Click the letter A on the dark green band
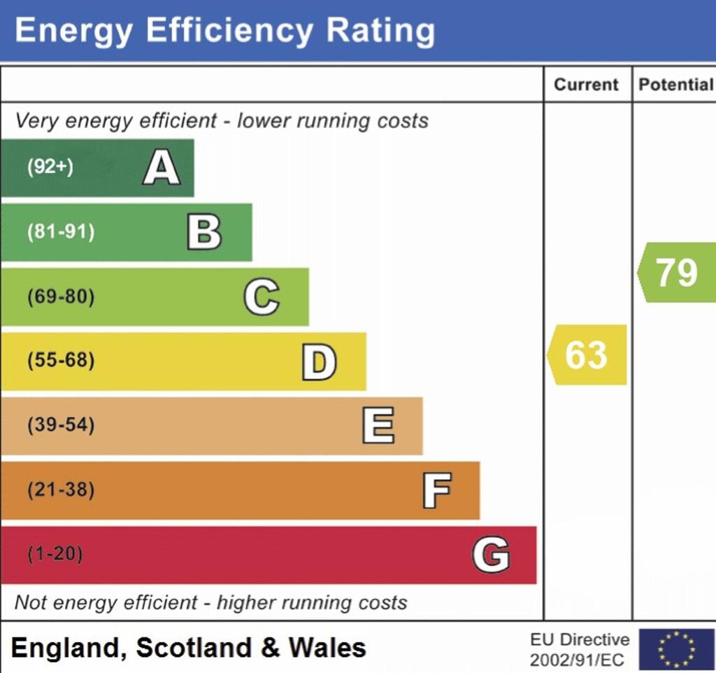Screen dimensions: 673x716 coord(162,169)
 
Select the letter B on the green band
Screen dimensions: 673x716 coord(204,232)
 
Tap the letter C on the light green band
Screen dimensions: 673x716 coord(262,297)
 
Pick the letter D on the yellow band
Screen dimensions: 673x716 coord(319,362)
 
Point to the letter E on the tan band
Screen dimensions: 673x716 coord(378,426)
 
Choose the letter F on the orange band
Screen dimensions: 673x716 coord(436,490)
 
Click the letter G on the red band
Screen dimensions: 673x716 coord(491,555)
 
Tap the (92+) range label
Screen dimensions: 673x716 coord(50,168)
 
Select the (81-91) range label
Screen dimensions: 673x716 coord(61,232)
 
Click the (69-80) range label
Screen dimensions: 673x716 coord(61,297)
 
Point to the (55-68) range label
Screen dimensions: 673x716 coord(61,362)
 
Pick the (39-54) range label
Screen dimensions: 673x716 coord(61,425)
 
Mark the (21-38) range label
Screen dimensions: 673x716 coord(61,490)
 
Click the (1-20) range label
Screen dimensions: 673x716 coord(55,555)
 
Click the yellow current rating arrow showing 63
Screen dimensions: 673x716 coord(587,355)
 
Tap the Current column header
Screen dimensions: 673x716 coord(586,85)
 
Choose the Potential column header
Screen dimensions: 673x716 coord(675,85)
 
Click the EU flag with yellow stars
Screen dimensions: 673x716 coord(676,649)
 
